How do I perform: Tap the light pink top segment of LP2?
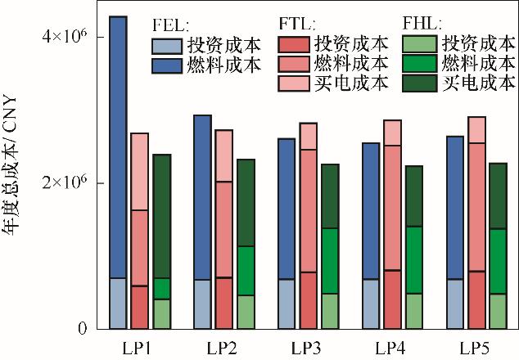[223, 155]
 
